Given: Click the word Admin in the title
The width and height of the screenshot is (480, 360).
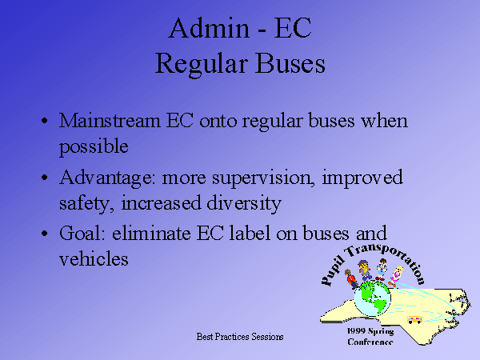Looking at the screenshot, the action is (x=209, y=28).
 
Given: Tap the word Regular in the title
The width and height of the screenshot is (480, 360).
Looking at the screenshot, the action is (x=201, y=64).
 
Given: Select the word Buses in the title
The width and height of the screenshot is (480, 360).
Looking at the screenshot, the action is (x=290, y=63).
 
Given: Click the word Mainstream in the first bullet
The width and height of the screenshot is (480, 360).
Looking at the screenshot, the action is (x=110, y=120).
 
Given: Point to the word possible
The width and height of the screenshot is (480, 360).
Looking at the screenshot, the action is (x=94, y=146).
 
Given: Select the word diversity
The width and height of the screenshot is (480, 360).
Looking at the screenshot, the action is (x=244, y=203).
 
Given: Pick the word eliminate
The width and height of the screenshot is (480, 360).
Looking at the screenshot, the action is (x=151, y=233).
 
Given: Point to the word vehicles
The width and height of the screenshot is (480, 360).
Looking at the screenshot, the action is (x=94, y=259).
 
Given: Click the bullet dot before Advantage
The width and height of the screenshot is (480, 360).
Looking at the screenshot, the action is (x=45, y=178).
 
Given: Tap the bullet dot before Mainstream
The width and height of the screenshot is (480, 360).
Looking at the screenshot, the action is (x=45, y=121).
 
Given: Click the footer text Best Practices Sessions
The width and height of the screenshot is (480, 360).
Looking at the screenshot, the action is (x=240, y=337).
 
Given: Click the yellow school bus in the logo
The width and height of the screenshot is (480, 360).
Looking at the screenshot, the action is (x=414, y=320).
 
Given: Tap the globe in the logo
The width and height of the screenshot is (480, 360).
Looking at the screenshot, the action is (x=373, y=298).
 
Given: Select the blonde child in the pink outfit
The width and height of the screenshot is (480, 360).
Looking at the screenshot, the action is (x=395, y=277).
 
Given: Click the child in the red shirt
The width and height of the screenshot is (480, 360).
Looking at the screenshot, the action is (x=351, y=279).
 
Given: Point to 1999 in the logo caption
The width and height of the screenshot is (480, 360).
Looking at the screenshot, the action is (x=356, y=331).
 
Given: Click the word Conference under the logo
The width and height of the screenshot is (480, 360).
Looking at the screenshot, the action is (x=370, y=342).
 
